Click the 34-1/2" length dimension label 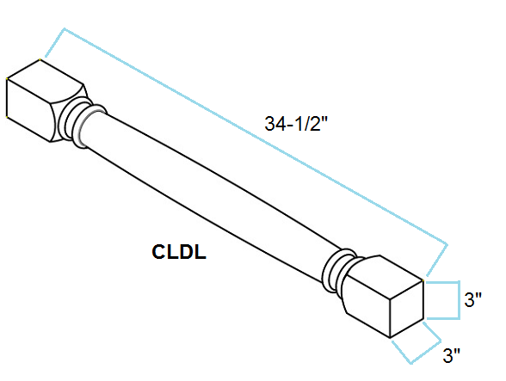(296, 124)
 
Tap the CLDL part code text (179, 252)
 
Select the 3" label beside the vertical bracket (472, 299)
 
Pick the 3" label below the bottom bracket (451, 355)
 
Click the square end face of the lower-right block (406, 309)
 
